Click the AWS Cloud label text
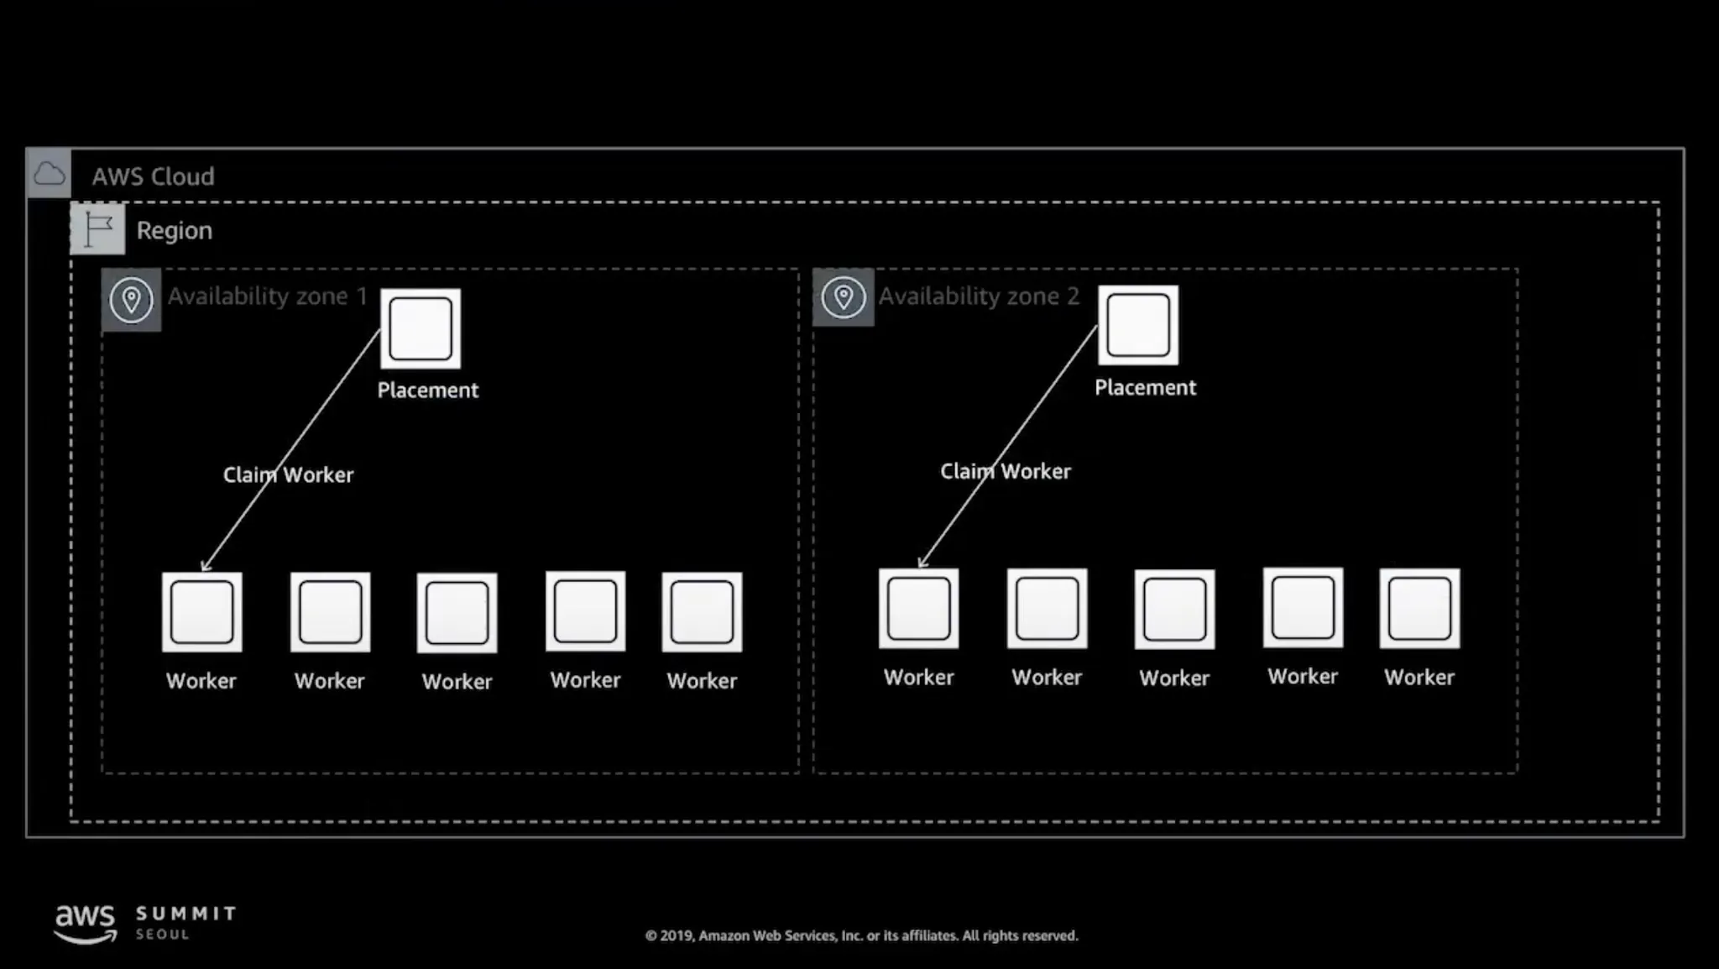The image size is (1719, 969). coord(153,176)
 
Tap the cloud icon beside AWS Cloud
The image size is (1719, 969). coord(49,174)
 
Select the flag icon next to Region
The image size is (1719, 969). coord(97,228)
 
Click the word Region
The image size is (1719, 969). coord(174,230)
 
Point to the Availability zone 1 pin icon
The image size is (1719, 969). coord(131,300)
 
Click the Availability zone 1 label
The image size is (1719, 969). coord(267,296)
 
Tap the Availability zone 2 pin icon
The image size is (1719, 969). coord(843,297)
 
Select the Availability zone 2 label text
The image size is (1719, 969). coord(979,296)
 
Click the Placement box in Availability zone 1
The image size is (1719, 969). coord(421,328)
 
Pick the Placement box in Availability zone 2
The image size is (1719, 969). coord(1138,325)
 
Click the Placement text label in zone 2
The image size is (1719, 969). coord(1145,387)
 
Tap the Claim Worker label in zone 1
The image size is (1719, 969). coord(288,474)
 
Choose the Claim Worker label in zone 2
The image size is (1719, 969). coord(1005,471)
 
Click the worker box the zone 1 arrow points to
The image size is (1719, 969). coord(202,612)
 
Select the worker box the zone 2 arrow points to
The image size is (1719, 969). coord(919,609)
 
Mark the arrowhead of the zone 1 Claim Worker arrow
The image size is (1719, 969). coord(204,568)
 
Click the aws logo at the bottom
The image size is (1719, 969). coord(85,923)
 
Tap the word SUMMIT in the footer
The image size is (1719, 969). coord(186,913)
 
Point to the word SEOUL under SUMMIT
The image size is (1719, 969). coord(163,935)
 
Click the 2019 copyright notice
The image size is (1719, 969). coord(861,935)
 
